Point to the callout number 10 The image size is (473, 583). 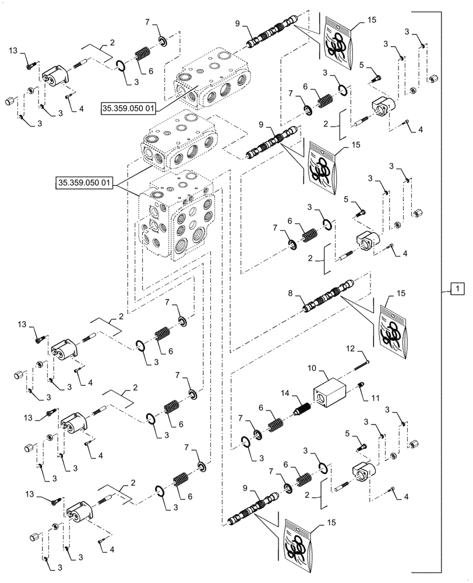(x=312, y=370)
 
